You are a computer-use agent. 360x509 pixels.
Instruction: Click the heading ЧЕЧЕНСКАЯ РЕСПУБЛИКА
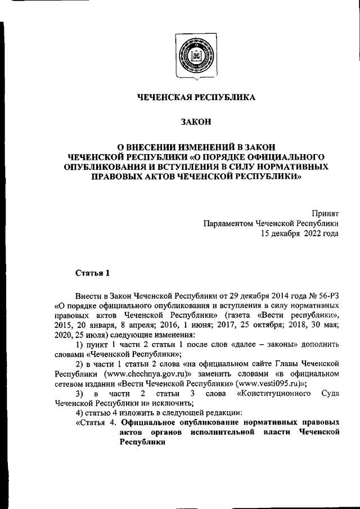196,97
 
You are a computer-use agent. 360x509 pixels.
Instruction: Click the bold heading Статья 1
93,273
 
